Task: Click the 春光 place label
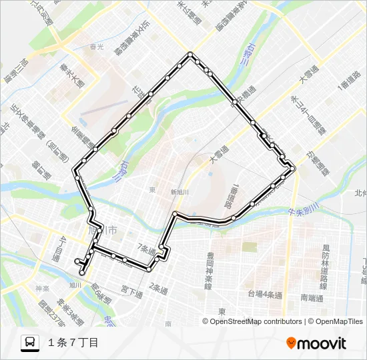97,47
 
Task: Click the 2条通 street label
158,287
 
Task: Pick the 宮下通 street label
131,291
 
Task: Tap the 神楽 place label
41,289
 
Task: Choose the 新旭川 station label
179,192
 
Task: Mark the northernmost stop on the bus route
191,54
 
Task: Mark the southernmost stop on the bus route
82,273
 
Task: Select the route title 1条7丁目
73,343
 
